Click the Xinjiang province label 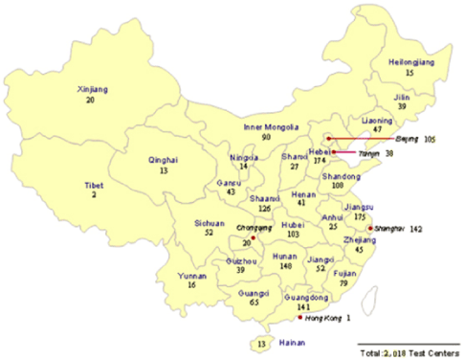[x=91, y=89]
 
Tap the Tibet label [x=93, y=183]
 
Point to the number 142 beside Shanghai [x=416, y=230]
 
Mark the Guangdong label [x=331, y=298]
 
